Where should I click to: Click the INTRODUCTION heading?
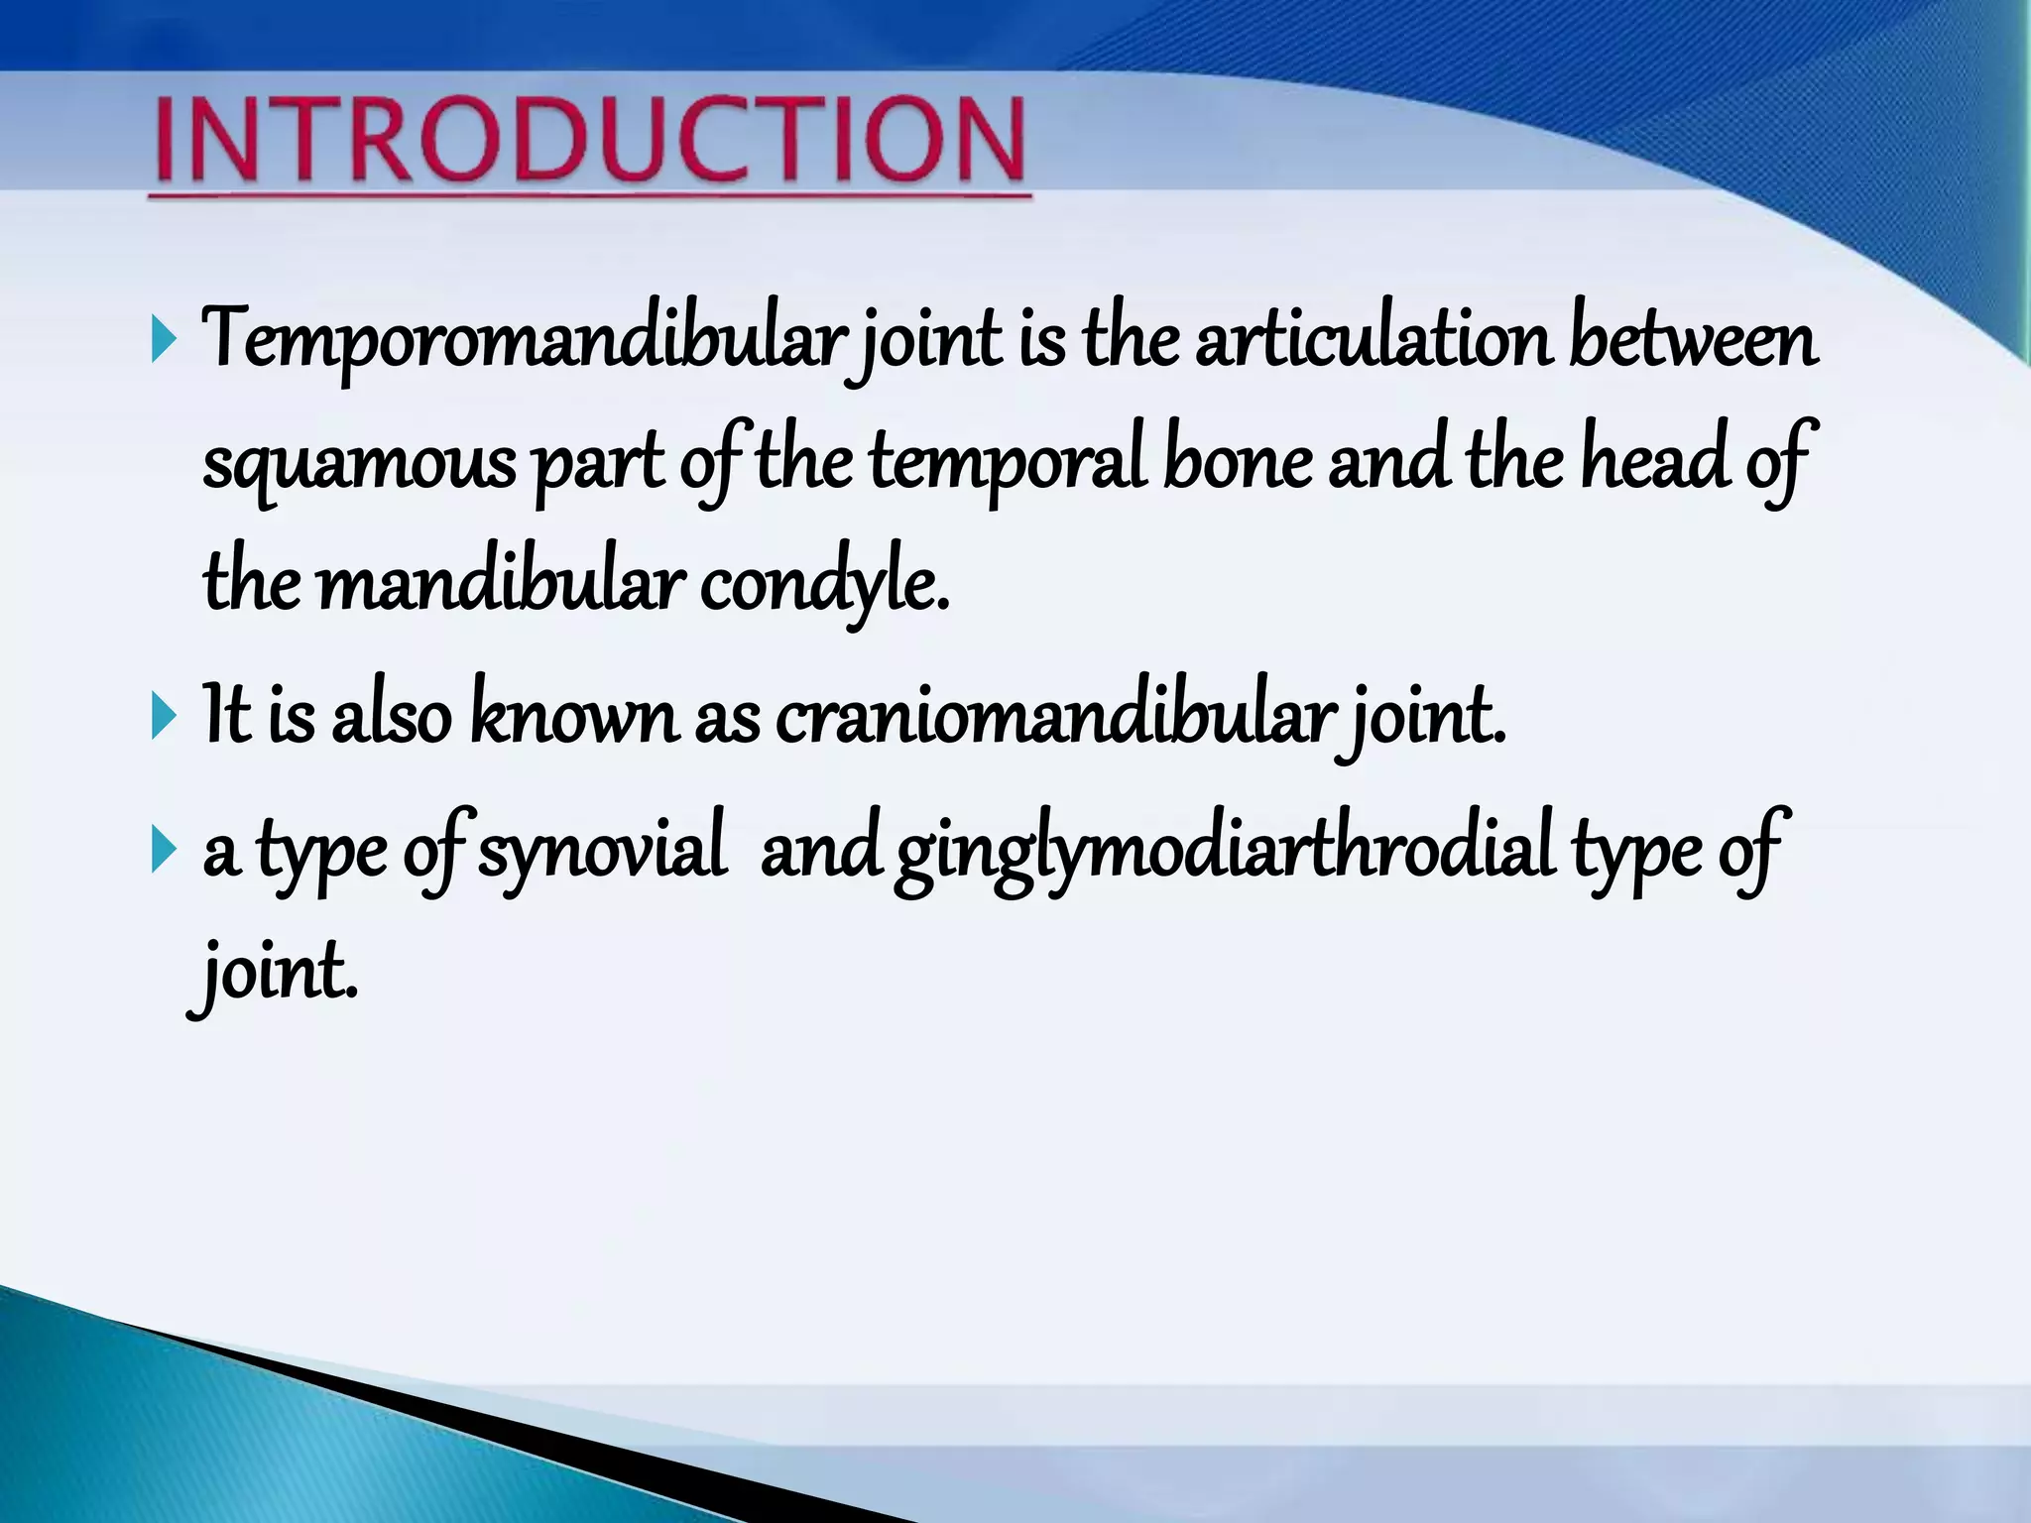591,141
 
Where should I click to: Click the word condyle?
824,585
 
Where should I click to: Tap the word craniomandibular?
1050,716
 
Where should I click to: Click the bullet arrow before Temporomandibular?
164,341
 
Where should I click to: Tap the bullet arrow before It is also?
164,716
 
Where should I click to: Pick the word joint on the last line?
275,973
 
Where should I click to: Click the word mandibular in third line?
501,585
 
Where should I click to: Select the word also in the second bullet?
391,716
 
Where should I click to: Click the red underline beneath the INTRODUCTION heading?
591,196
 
